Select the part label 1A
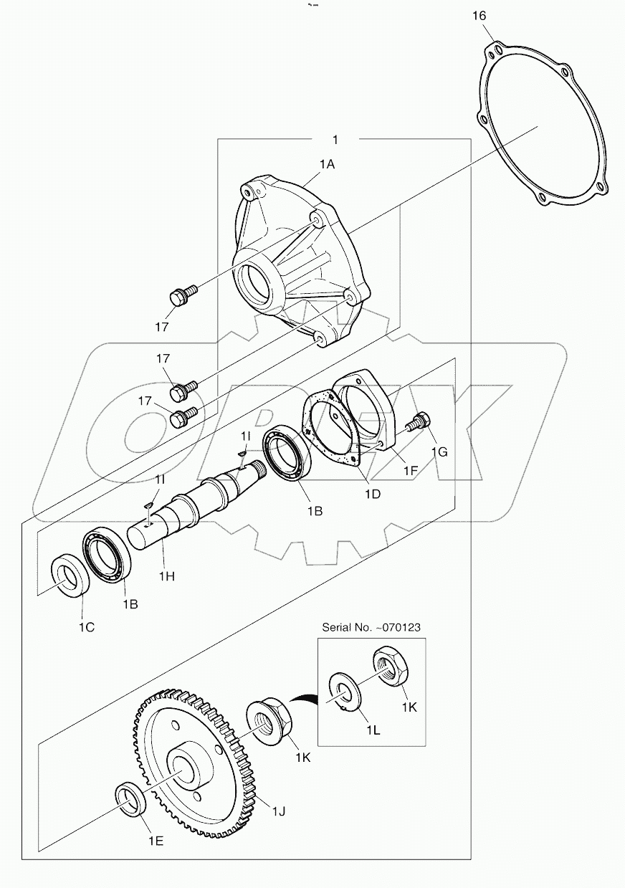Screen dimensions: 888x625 [x=327, y=164]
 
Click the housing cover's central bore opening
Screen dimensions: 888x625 [x=254, y=282]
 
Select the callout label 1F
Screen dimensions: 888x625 [x=409, y=472]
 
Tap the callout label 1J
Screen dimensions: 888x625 [x=279, y=811]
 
